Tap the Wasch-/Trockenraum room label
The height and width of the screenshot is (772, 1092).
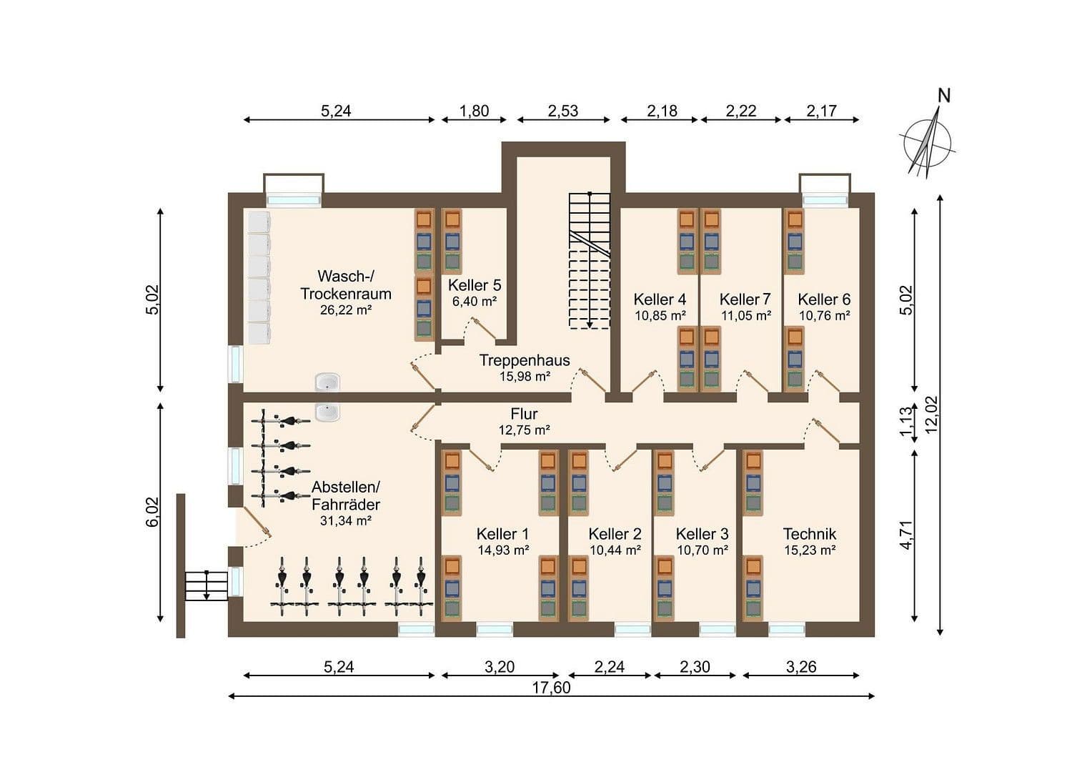[345, 284]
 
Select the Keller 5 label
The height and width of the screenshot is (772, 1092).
[475, 285]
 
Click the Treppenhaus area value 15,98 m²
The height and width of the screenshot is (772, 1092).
[525, 377]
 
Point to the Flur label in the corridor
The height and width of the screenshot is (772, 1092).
[524, 414]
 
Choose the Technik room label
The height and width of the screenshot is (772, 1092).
[809, 534]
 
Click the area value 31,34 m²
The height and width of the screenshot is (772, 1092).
[345, 521]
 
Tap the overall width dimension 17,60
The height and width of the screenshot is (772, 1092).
[551, 688]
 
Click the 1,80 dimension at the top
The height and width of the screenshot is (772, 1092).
[474, 111]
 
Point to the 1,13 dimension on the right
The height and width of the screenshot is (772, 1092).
[907, 422]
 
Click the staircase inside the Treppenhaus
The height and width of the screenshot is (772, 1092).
[590, 261]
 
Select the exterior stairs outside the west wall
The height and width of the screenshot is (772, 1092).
[207, 585]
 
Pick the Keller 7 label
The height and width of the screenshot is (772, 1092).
[745, 300]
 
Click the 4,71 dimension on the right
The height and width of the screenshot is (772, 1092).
[907, 536]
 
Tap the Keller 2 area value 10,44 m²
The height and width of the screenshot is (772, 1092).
[615, 550]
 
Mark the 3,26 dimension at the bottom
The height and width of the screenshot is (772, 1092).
[800, 668]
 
